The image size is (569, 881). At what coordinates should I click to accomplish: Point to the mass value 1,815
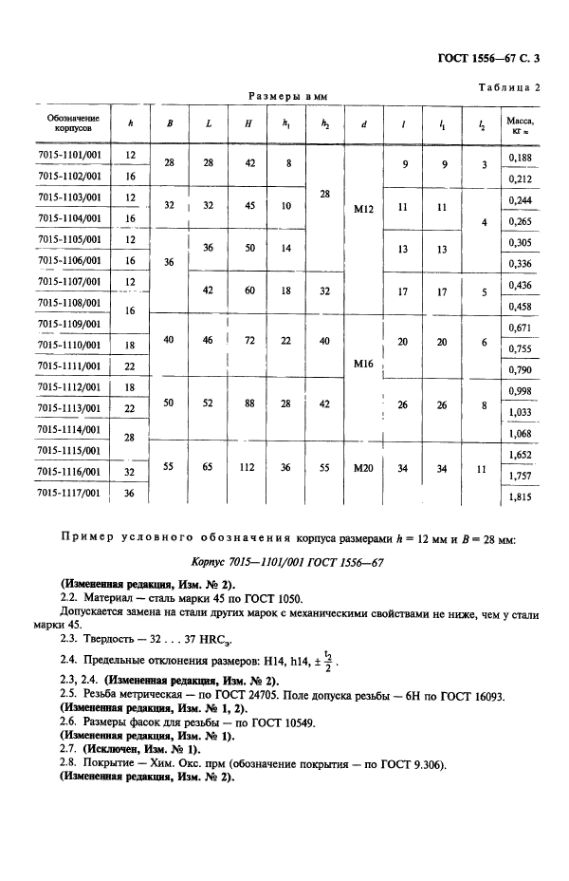pyautogui.click(x=519, y=496)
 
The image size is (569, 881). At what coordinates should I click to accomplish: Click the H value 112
pyautogui.click(x=248, y=467)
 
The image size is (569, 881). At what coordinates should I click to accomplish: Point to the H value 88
pyautogui.click(x=248, y=403)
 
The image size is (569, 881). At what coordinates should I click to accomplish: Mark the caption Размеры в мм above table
pyautogui.click(x=286, y=96)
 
